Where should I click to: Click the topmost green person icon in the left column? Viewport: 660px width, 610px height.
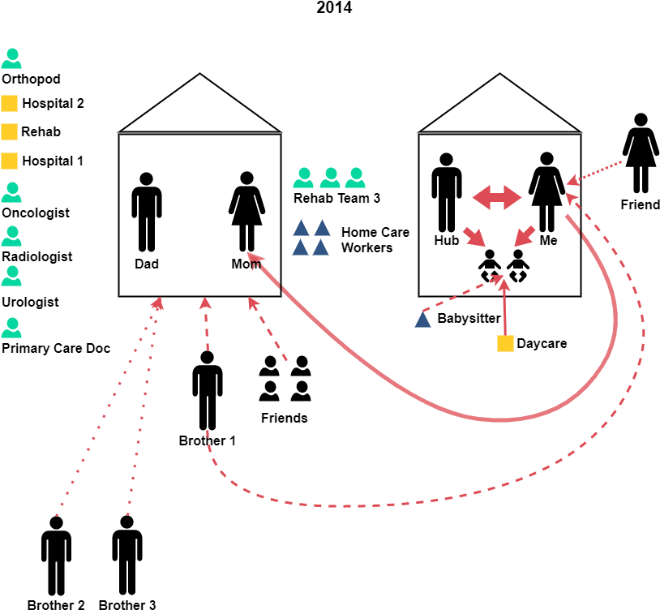click(x=11, y=58)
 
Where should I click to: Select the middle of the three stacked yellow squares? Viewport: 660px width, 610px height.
click(x=9, y=131)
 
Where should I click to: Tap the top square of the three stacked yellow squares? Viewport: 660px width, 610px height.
click(x=9, y=103)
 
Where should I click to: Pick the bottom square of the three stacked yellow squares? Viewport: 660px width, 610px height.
click(x=9, y=161)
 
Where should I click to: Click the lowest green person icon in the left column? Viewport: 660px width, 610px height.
click(x=11, y=328)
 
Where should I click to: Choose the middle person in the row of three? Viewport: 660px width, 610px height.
click(x=330, y=178)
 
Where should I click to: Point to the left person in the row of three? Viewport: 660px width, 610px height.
click(x=303, y=178)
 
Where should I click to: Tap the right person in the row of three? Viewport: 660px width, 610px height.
click(x=355, y=178)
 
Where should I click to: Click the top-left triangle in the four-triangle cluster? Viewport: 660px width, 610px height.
click(x=301, y=228)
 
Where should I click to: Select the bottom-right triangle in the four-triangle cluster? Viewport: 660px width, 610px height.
click(x=321, y=247)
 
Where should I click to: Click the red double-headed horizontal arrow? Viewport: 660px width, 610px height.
click(x=497, y=197)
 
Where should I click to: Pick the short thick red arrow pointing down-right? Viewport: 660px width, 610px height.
click(x=474, y=237)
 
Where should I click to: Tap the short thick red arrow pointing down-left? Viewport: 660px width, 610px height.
click(x=525, y=236)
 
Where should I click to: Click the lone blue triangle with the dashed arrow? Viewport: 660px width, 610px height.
click(x=422, y=320)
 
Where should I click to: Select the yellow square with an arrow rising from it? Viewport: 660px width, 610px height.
click(x=505, y=343)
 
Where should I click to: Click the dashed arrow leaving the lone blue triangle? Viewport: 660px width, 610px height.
click(x=462, y=294)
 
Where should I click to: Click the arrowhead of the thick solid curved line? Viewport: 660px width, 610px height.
click(x=255, y=259)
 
